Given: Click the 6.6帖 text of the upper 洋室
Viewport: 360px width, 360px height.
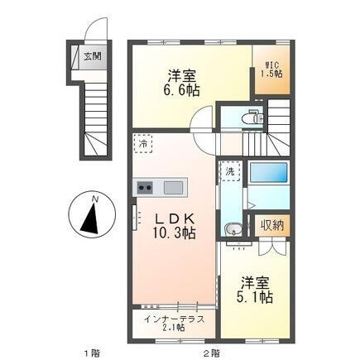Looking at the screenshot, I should [x=181, y=89].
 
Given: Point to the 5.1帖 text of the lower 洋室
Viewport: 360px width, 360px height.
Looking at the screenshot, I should [x=258, y=295].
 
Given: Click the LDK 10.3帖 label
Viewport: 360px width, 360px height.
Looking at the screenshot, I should [x=174, y=226].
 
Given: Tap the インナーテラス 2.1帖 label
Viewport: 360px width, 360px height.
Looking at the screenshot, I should [x=174, y=322].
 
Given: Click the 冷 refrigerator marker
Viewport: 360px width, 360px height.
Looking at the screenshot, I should [x=143, y=142].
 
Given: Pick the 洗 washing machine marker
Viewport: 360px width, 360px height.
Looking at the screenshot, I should [x=229, y=171].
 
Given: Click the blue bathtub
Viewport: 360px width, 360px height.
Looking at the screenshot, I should [x=267, y=174].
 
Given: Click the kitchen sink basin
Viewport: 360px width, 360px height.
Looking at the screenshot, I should [x=173, y=187].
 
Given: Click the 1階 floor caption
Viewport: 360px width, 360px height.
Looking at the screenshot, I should [x=93, y=353].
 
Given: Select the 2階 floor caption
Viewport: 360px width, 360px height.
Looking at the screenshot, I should [x=214, y=353].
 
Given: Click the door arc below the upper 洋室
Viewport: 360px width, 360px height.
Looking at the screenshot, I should [x=201, y=121].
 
